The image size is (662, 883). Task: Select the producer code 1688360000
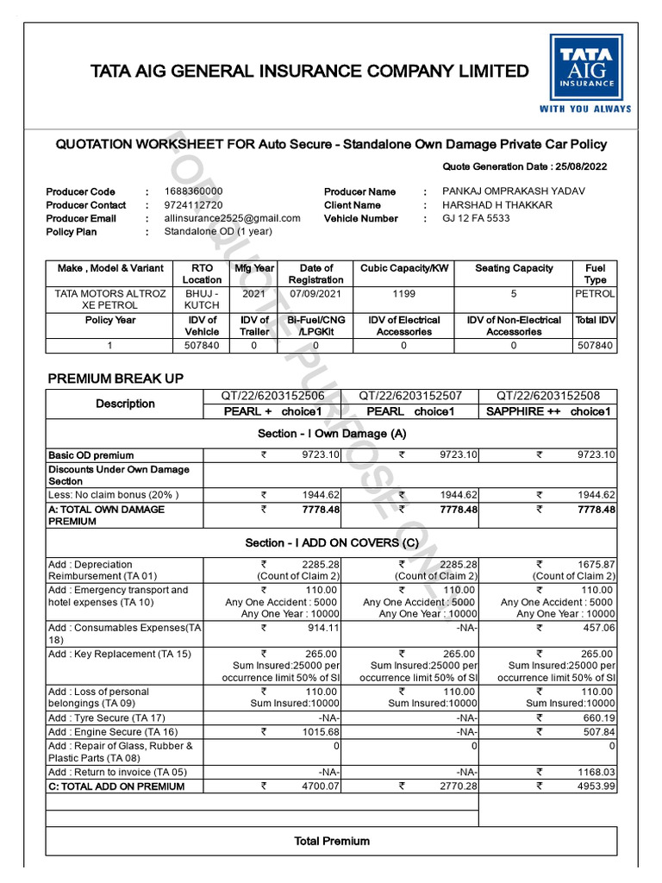[x=193, y=191]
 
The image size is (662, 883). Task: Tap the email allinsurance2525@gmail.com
[x=232, y=218]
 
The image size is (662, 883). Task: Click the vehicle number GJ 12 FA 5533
[x=476, y=218]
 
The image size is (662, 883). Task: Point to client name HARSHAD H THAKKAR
[x=497, y=205]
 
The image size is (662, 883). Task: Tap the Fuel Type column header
[x=595, y=274]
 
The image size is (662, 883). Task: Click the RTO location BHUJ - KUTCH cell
[x=202, y=300]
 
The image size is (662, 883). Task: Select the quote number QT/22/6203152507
[x=410, y=396]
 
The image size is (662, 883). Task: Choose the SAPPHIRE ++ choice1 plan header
[x=547, y=411]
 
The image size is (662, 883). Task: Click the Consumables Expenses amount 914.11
[x=322, y=628]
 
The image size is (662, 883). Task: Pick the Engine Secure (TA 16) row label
[x=106, y=731]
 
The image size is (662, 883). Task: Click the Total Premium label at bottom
[x=332, y=841]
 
